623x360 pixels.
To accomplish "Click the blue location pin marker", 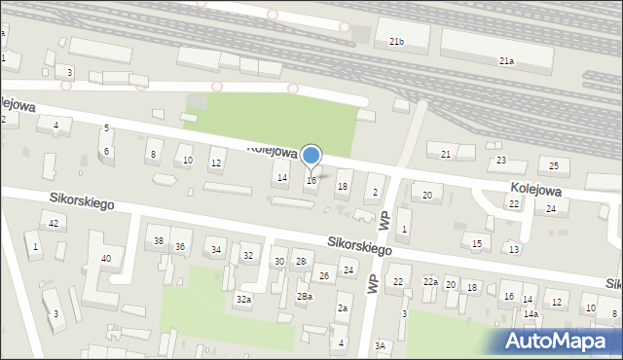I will (311, 156).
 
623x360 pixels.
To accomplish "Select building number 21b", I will (396, 42).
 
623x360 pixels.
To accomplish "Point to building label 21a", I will (506, 60).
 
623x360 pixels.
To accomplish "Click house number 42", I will (55, 224).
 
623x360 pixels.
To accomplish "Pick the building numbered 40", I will (106, 258).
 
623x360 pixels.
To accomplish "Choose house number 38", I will (158, 241).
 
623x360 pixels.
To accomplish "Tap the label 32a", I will (243, 300).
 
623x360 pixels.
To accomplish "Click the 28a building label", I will (305, 296).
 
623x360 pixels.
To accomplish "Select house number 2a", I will (343, 308).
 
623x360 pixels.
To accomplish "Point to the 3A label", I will (381, 345).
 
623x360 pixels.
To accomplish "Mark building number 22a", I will (430, 281).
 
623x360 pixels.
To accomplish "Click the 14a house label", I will (531, 314).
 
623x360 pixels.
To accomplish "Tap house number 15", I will (477, 243).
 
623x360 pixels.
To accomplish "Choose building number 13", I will (514, 250).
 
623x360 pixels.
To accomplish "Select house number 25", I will (554, 164).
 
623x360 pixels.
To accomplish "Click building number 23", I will (502, 160).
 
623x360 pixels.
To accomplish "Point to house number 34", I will (216, 250).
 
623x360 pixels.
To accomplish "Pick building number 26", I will (325, 276).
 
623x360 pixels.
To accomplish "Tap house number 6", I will (107, 151).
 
